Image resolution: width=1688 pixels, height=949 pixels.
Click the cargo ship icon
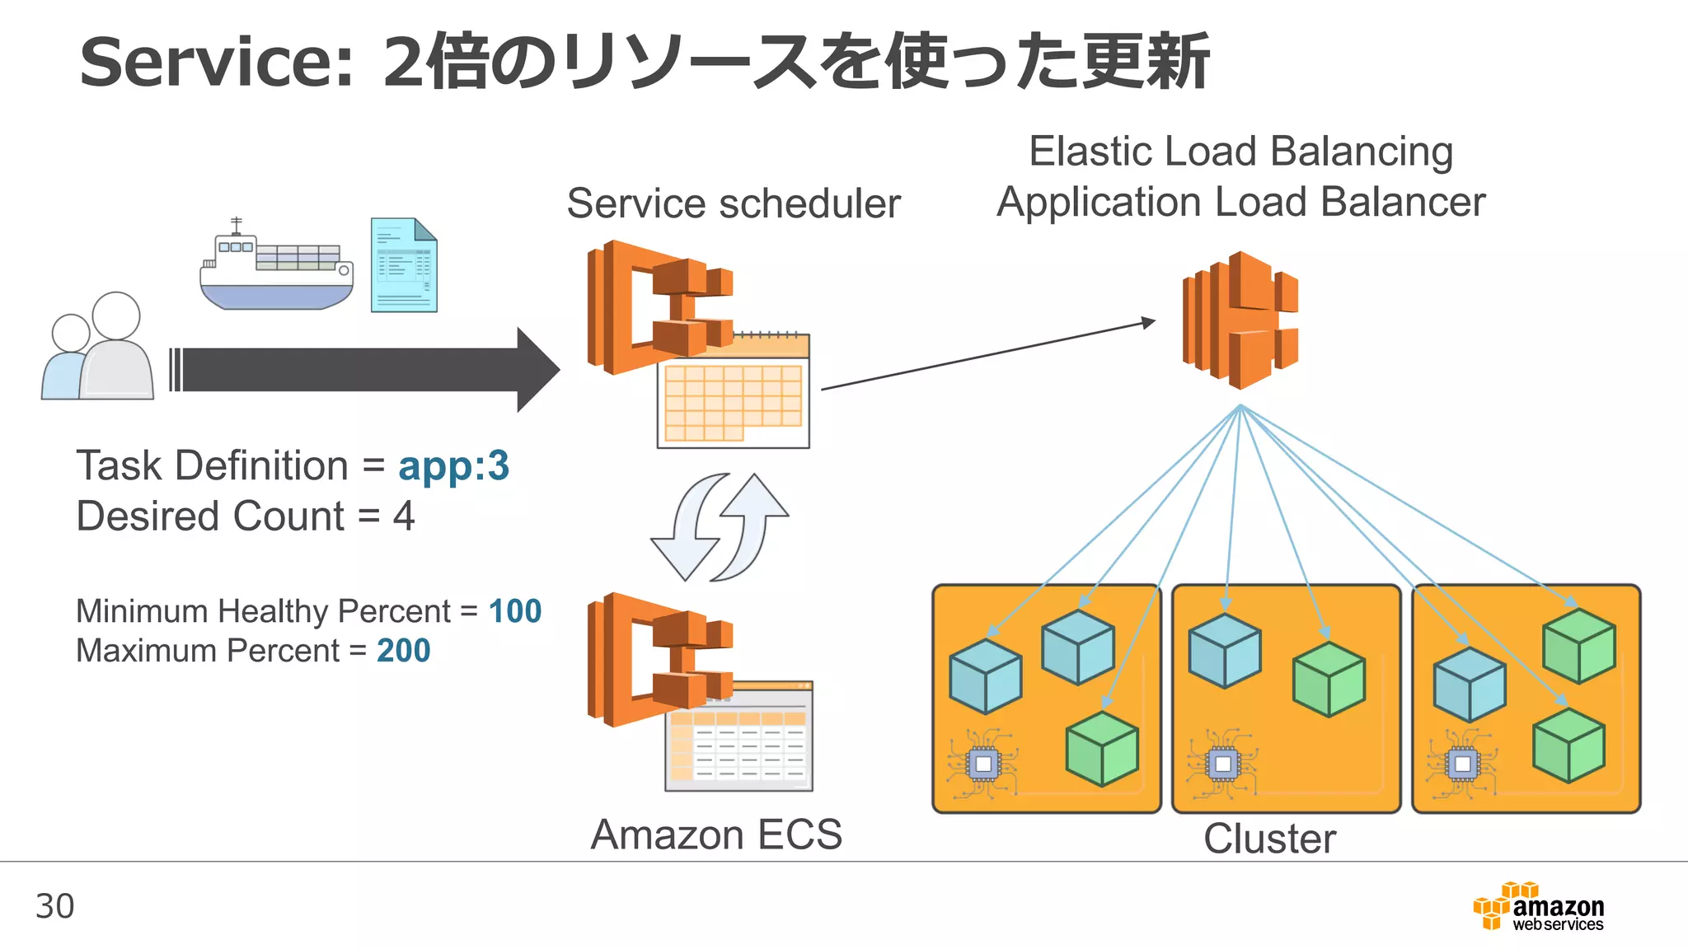(277, 268)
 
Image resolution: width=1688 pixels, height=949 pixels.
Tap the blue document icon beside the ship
(404, 265)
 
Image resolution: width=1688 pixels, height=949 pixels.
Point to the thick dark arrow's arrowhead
(537, 370)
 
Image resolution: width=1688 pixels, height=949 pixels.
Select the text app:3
(453, 466)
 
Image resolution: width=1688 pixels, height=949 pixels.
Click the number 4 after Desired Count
(403, 517)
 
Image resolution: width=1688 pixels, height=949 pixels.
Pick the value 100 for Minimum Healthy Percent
(515, 611)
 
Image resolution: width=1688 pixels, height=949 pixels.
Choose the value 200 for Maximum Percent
(403, 651)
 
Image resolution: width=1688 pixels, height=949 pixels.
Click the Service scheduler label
(734, 203)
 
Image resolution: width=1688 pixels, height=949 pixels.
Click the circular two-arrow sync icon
(720, 527)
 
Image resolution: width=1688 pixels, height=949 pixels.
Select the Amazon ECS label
(716, 834)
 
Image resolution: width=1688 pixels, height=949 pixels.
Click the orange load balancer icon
(1240, 320)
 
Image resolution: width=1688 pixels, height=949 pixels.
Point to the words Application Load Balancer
(1240, 203)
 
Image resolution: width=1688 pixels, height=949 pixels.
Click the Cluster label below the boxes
(1269, 839)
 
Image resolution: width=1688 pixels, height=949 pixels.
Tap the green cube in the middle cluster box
(1329, 680)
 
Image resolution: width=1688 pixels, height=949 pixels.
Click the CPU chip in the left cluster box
(982, 764)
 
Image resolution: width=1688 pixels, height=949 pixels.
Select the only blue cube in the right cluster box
(1470, 685)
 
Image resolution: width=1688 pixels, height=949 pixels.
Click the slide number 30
(55, 906)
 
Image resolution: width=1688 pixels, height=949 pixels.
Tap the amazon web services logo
(1539, 907)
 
